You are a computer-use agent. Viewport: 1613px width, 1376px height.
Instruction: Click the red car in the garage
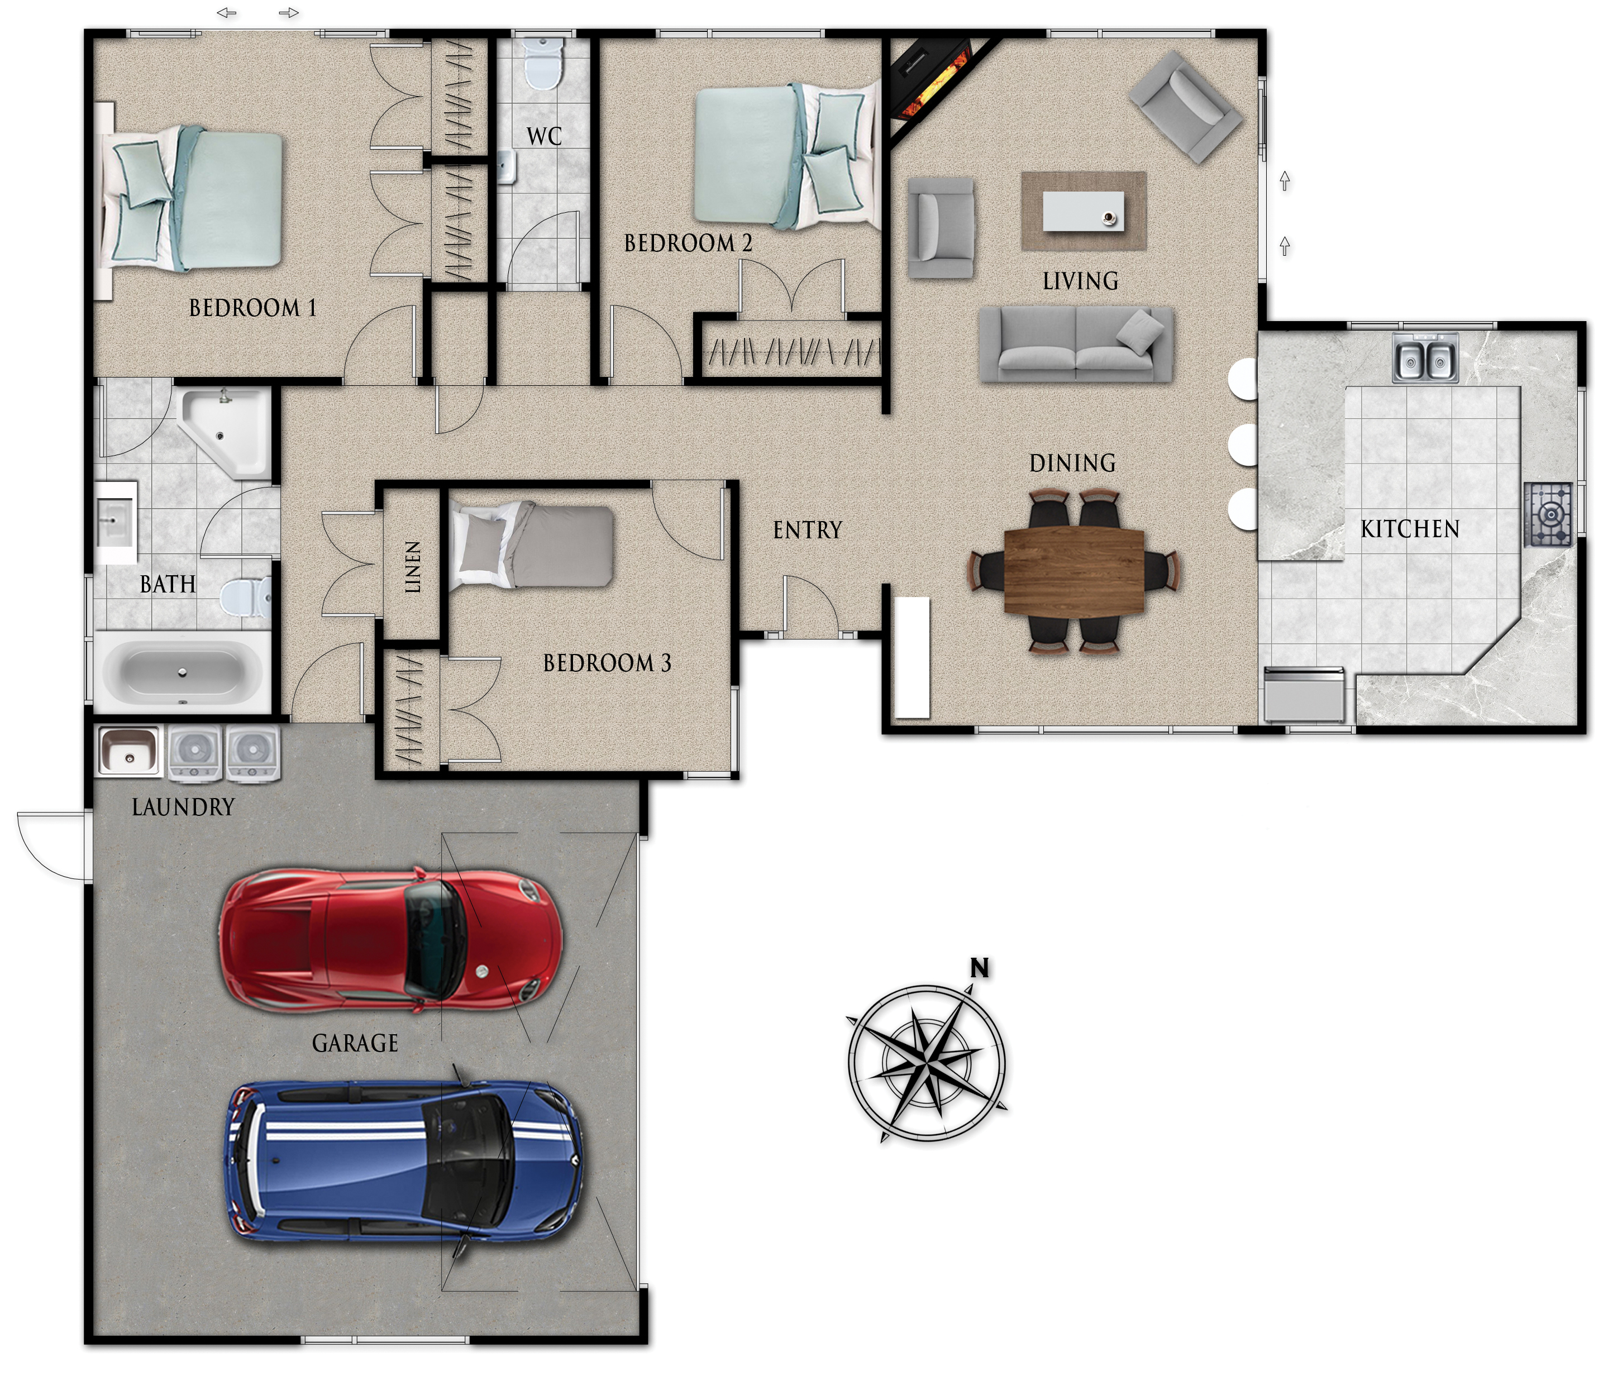(389, 940)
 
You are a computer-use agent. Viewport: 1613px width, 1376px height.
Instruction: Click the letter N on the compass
(979, 968)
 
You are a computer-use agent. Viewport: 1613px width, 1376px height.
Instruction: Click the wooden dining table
(1074, 572)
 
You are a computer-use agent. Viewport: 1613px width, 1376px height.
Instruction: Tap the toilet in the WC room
(542, 62)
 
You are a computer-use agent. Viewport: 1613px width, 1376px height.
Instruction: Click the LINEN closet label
(413, 567)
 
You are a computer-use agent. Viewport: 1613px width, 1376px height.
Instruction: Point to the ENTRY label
(807, 531)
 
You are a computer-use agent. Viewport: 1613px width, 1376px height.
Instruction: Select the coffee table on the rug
(1083, 211)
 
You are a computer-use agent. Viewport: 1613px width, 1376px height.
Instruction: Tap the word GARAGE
(355, 1044)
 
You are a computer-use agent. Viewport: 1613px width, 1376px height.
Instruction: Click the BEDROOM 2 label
(688, 243)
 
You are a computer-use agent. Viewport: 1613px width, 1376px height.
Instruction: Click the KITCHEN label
(1410, 530)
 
